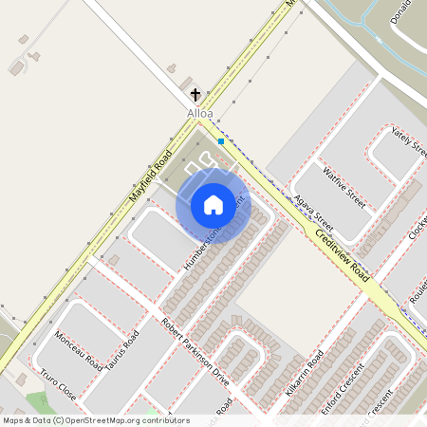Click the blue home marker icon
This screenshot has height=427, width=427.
coord(213,205)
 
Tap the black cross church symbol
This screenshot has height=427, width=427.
coord(195,95)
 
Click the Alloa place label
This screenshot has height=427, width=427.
coord(200,114)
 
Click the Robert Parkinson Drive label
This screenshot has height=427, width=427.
coord(195,350)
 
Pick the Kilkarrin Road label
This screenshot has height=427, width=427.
coord(305,373)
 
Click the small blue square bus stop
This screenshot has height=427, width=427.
coord(221,141)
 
